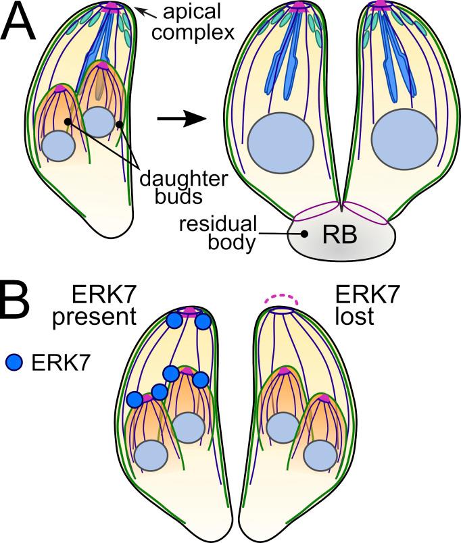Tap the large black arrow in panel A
181,119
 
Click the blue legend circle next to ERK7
15,363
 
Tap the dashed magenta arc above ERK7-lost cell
279,298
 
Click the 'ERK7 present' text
110,303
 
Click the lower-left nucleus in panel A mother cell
58,145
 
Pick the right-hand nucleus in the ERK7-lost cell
322,457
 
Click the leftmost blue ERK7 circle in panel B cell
135,400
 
